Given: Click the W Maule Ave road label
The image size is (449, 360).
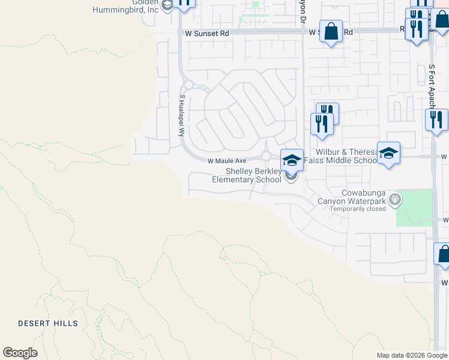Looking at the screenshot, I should tap(227, 161).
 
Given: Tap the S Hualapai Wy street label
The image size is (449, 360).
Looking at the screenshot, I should tap(181, 115).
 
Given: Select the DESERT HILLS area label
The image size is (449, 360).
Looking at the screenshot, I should tap(48, 323).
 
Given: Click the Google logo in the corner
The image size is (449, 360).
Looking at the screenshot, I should tap(20, 353).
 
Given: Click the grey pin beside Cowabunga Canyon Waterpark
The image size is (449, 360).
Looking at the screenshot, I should tap(394, 199).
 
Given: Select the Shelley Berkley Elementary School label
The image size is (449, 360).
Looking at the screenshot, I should tap(253, 175).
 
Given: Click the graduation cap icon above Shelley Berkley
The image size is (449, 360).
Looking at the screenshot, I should tap(292, 160).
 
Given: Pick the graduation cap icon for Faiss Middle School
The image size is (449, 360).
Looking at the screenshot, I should tap(388, 153).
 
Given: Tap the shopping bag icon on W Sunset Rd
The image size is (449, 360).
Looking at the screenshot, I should tap(331, 30).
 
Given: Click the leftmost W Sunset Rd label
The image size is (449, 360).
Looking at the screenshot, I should tap(207, 34).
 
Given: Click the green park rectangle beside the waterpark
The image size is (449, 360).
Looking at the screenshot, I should tap(414, 208).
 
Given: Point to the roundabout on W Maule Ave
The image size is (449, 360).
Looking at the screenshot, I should tap(265, 157).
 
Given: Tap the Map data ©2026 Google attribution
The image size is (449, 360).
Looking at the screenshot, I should tap(411, 355).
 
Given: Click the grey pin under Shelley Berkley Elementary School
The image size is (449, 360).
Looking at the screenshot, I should tap(291, 176).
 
